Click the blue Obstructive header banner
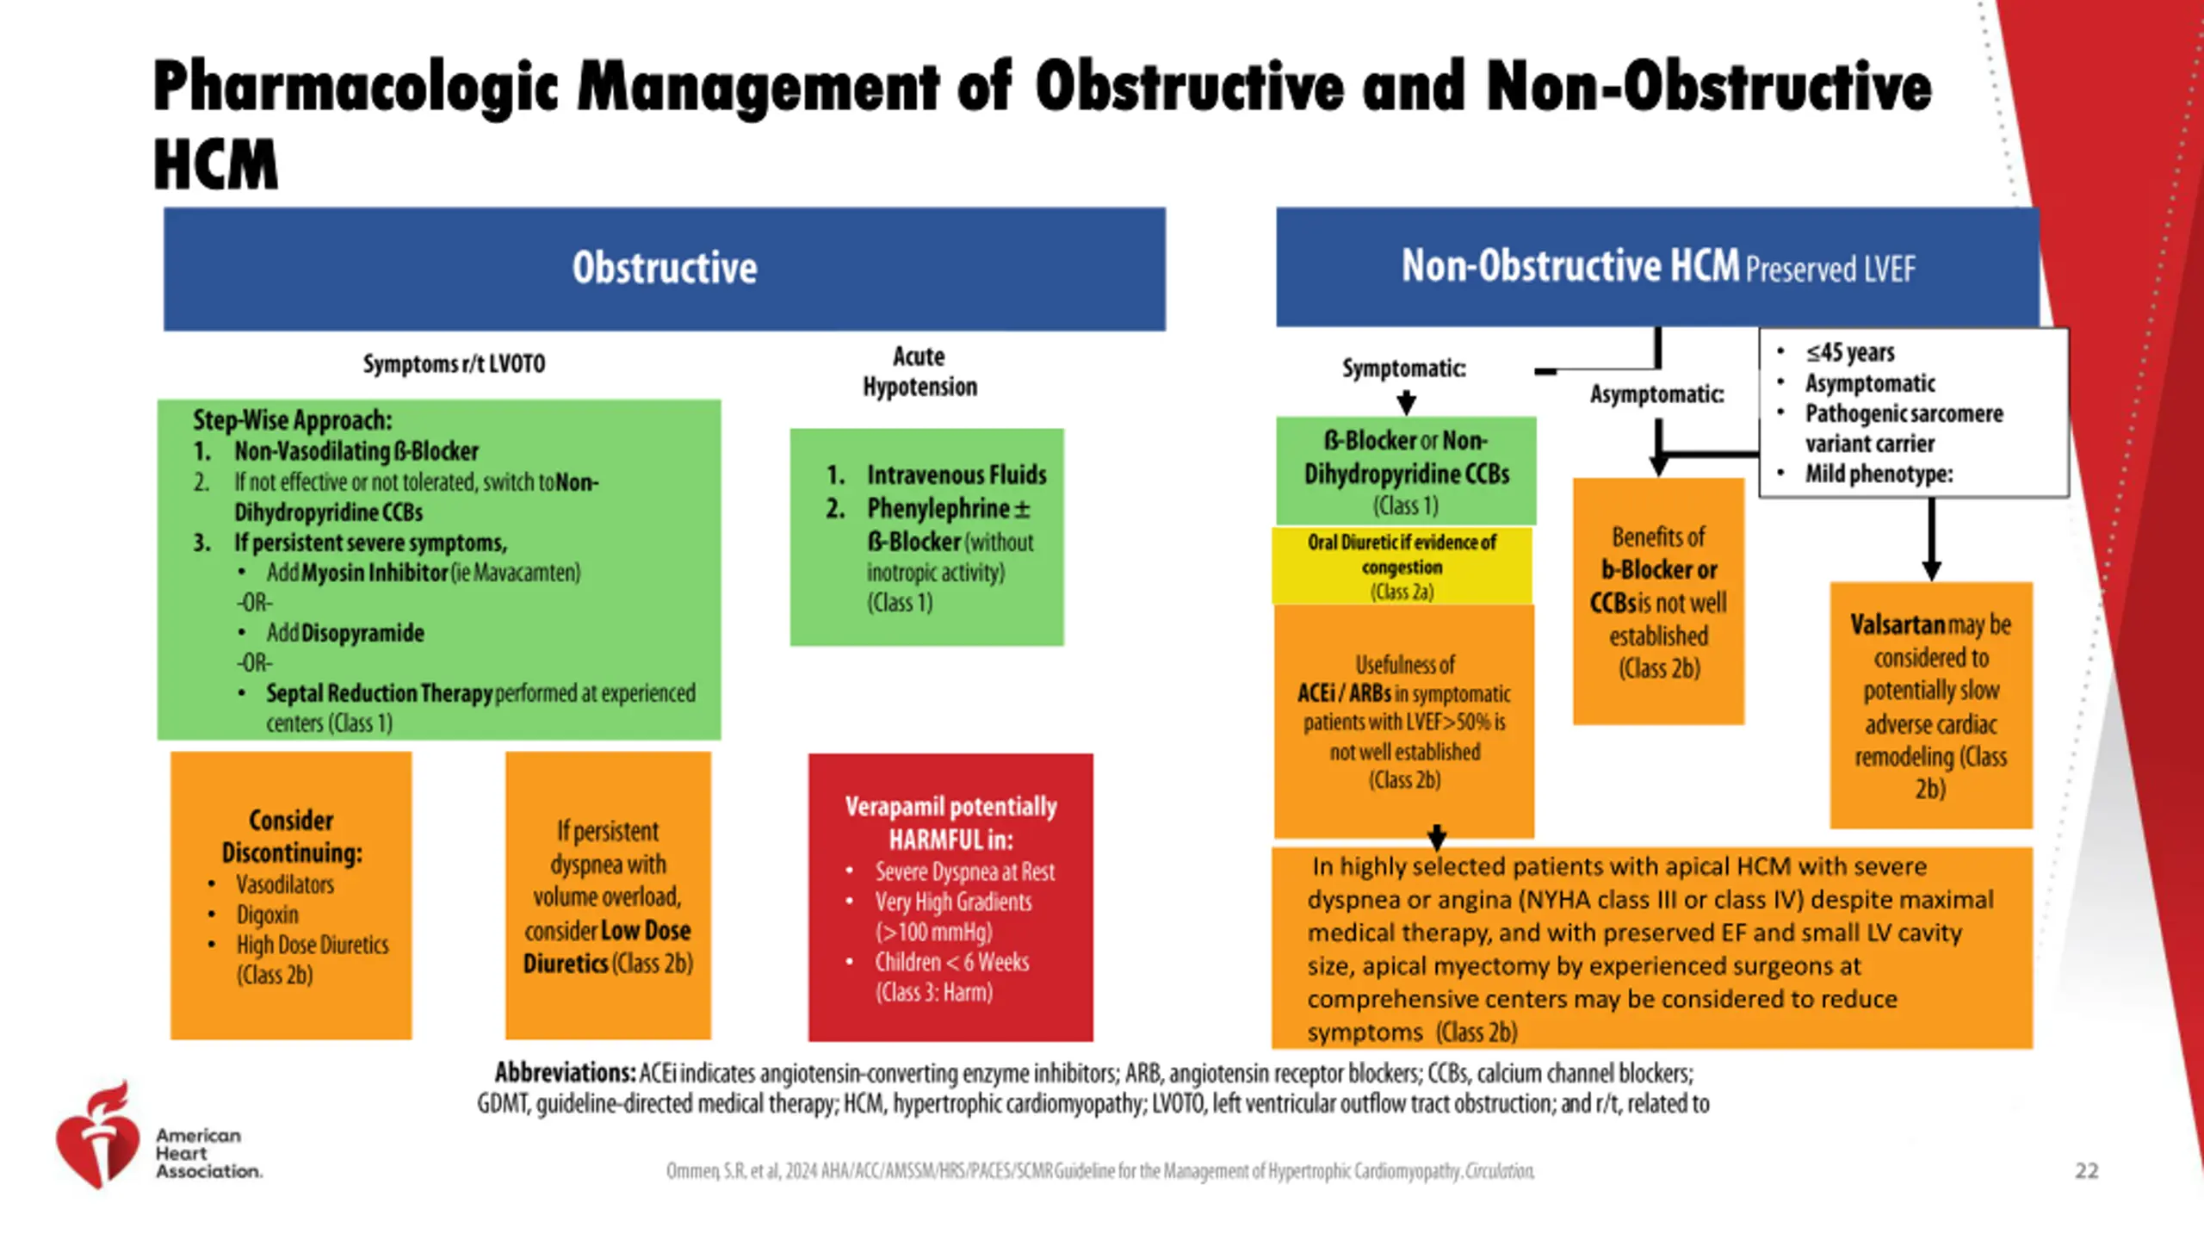[665, 269]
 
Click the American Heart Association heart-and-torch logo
[97, 1136]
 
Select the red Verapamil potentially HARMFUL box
[950, 897]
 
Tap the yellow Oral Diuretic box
[1402, 566]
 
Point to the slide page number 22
[2087, 1171]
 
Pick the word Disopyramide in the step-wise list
[362, 633]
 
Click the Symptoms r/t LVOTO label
[454, 364]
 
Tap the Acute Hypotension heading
[919, 371]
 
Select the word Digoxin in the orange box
[268, 914]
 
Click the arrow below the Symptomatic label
[1407, 401]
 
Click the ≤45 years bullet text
[1850, 352]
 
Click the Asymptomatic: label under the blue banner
[1657, 394]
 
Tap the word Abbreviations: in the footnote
[565, 1073]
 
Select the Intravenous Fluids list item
[957, 475]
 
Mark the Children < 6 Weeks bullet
[952, 962]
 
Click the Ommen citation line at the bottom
[1100, 1171]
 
